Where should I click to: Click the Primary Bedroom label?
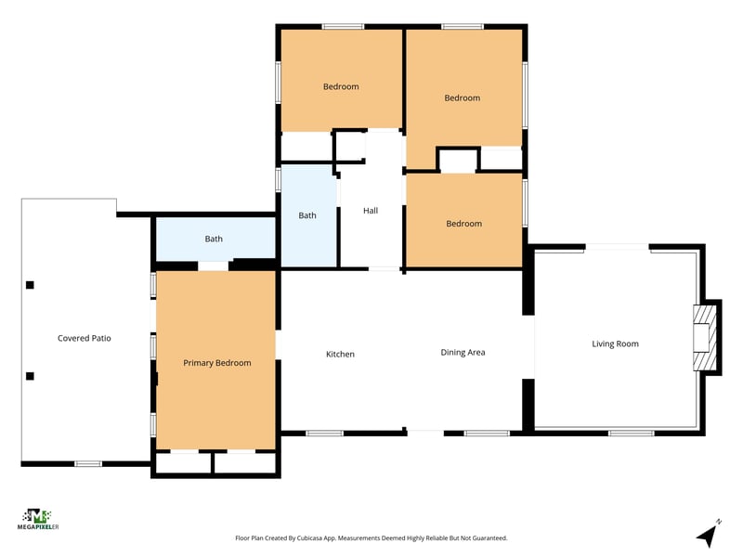(x=217, y=363)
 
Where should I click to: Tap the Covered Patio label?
(x=85, y=338)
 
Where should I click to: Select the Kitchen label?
(x=340, y=354)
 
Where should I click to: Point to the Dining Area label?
(x=463, y=353)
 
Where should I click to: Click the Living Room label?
(x=615, y=343)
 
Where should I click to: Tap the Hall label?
(x=371, y=211)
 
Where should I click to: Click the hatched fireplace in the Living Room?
(x=705, y=338)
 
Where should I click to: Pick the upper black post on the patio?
(x=30, y=285)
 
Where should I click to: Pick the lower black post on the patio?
(x=30, y=376)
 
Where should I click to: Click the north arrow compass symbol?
(x=709, y=533)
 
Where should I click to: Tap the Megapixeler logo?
(x=38, y=519)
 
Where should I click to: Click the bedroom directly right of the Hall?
(x=464, y=220)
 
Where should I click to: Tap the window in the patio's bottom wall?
(x=88, y=463)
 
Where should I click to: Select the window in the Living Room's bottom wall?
(x=632, y=433)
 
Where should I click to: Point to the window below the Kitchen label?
(x=324, y=433)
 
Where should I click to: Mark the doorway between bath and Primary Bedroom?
(x=214, y=266)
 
